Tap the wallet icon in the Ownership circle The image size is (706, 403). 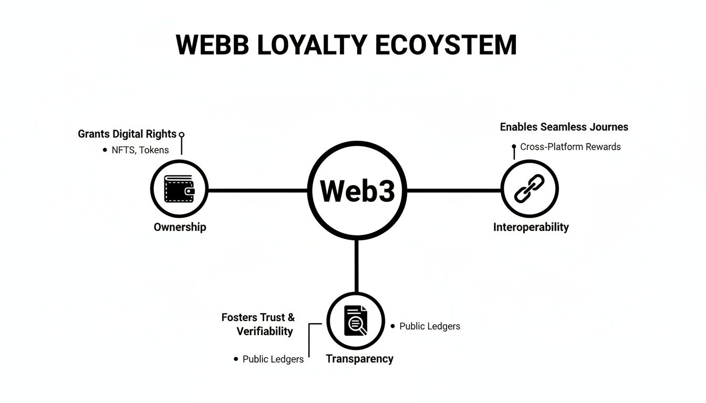click(x=179, y=189)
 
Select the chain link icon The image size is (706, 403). click(x=529, y=189)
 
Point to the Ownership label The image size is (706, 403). click(x=180, y=227)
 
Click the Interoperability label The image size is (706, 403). click(x=531, y=227)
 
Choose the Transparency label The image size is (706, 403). click(x=359, y=359)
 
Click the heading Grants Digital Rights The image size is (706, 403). click(x=127, y=134)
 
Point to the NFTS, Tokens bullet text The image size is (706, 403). click(x=140, y=150)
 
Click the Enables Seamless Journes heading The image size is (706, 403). click(x=564, y=127)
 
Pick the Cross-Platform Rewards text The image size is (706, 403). click(x=570, y=147)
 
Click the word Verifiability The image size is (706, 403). click(x=264, y=331)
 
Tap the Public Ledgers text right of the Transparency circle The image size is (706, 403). click(x=430, y=326)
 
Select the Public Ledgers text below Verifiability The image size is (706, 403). click(x=273, y=359)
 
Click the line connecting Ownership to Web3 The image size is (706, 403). click(x=257, y=190)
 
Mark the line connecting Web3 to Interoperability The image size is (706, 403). click(x=454, y=190)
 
